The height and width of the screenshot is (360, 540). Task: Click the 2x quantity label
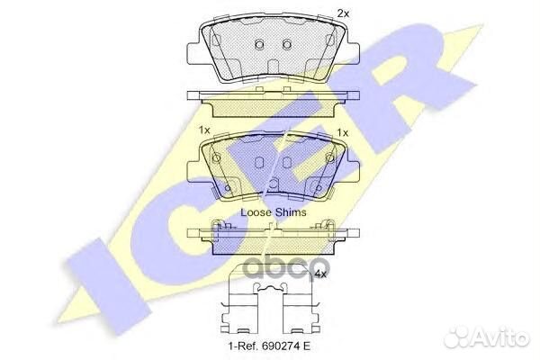342,13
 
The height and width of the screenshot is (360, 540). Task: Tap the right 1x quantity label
342,131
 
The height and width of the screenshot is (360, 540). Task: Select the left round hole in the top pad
258,45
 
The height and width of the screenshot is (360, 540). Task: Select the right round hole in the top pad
287,45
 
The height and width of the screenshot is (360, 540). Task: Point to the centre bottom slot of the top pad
273,67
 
